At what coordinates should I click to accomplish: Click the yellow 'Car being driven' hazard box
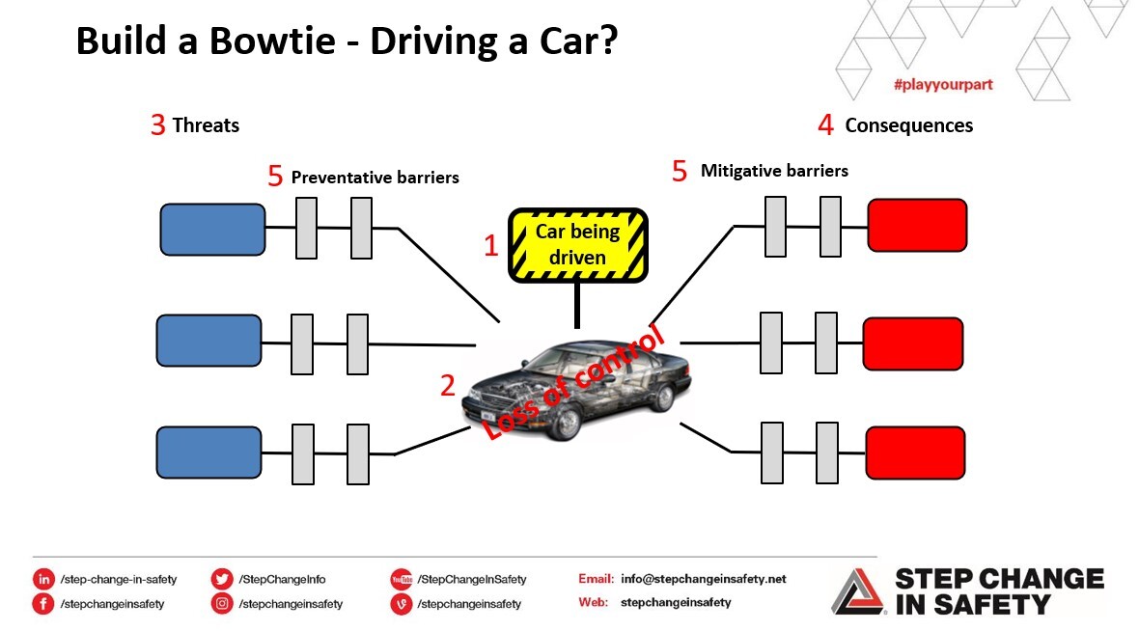pos(577,245)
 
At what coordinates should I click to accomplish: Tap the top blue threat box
pos(212,230)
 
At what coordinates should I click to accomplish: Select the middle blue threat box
pos(208,341)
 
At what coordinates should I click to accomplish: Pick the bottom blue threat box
pos(208,452)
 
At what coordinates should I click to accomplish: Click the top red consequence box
pos(917,226)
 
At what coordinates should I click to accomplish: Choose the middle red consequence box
pos(912,343)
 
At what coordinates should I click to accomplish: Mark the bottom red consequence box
pos(915,452)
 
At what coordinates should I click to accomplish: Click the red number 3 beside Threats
pos(158,125)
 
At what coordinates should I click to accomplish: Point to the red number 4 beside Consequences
pos(825,125)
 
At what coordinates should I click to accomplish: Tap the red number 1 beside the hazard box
pos(490,245)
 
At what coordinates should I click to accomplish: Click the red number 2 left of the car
pos(447,386)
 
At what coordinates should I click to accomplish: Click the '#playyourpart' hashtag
pos(942,85)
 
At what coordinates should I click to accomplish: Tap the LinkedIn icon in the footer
pos(43,579)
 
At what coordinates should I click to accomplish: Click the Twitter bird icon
pos(222,579)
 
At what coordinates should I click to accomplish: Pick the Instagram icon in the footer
pos(222,604)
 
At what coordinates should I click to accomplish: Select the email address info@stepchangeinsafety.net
pos(703,579)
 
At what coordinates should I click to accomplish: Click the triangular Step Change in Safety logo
pos(858,590)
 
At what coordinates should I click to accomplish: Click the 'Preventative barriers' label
pos(375,178)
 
